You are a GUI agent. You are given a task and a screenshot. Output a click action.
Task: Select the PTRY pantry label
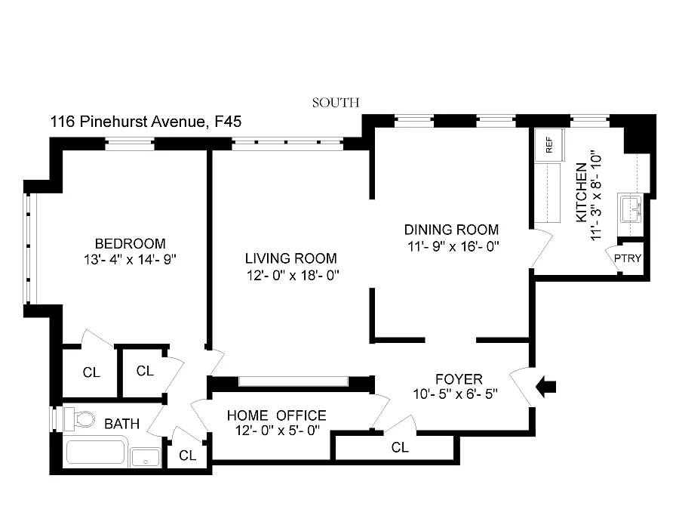click(627, 258)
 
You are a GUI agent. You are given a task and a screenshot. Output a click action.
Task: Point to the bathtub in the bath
click(95, 452)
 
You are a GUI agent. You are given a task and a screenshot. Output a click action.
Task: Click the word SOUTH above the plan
click(336, 103)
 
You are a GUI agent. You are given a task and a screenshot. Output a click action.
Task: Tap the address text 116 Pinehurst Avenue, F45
click(146, 121)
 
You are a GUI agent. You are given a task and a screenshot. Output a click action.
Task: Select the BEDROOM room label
click(130, 243)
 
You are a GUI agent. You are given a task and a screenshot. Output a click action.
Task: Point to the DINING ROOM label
click(451, 230)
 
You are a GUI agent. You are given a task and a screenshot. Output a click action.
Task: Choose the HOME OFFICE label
click(277, 415)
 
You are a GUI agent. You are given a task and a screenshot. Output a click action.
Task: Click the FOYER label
click(459, 378)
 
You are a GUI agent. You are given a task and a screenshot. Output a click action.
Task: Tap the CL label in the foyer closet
click(400, 447)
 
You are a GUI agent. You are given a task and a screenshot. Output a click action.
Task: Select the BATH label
click(121, 424)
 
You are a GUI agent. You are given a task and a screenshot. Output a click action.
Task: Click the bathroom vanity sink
click(145, 457)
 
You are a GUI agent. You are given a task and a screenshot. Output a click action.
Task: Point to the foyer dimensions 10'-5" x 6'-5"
click(458, 394)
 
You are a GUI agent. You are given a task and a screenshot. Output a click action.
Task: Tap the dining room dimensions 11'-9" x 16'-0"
click(451, 246)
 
